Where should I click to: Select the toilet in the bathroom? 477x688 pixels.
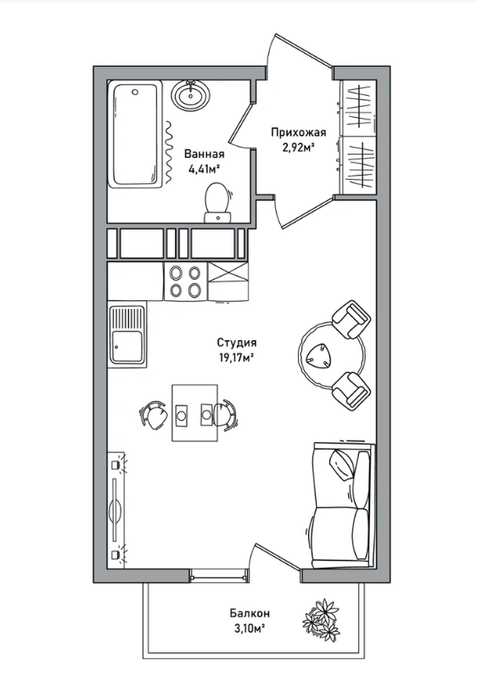tap(217, 203)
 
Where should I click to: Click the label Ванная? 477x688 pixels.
tap(205, 154)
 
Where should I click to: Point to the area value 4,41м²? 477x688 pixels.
tap(204, 169)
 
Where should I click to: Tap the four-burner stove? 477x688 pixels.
tap(186, 282)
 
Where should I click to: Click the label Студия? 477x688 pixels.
tap(237, 343)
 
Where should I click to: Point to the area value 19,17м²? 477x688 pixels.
tap(237, 357)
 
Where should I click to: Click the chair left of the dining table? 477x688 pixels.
tap(154, 413)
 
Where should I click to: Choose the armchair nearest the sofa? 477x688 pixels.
tap(351, 390)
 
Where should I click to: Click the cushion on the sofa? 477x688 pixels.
tap(343, 465)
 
